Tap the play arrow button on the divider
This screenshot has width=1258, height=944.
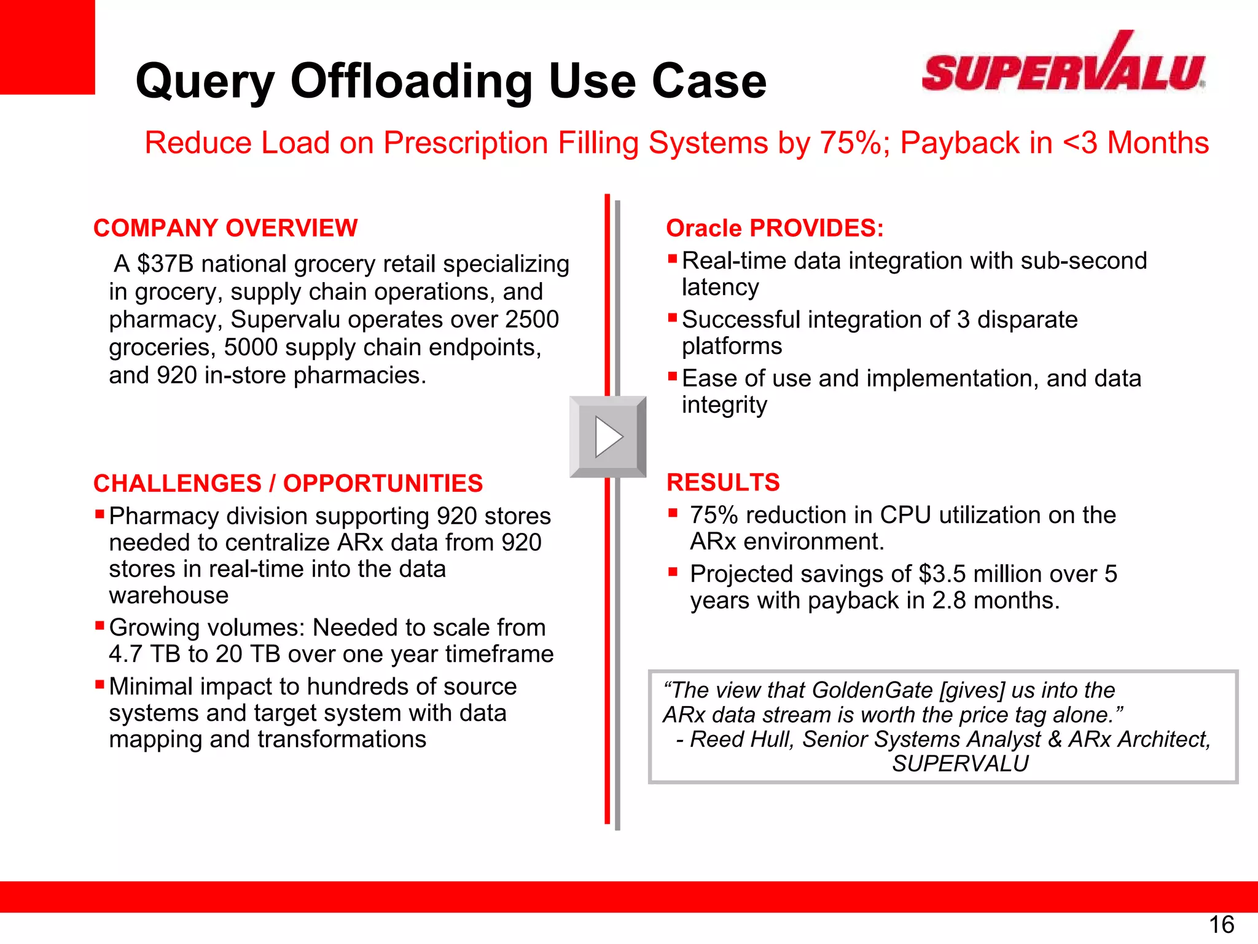(608, 437)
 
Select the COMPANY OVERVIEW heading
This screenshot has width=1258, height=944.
(225, 228)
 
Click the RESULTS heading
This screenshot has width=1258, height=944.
(723, 482)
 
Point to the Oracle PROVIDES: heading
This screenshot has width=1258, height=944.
(775, 228)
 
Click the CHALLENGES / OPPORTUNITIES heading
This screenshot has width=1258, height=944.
(287, 484)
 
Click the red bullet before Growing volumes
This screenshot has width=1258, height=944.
(100, 626)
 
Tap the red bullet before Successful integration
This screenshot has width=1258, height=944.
(673, 318)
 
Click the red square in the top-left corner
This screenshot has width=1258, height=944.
(47, 47)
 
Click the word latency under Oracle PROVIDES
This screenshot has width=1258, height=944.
(720, 288)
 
